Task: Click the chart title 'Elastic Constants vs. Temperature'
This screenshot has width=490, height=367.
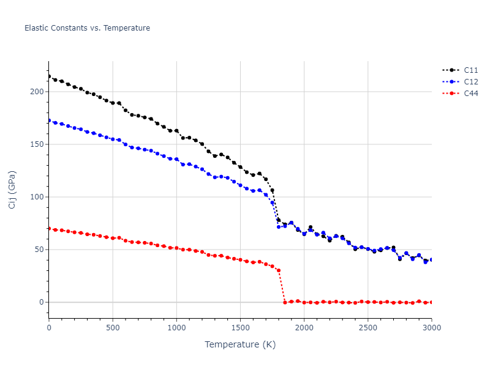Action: [87, 28]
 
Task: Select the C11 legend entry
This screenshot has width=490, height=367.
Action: [470, 70]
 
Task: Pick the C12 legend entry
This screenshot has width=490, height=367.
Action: [470, 82]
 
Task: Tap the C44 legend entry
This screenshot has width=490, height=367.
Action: [470, 94]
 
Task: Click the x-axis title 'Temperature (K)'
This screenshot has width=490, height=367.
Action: [240, 344]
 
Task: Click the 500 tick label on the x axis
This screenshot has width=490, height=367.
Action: [113, 328]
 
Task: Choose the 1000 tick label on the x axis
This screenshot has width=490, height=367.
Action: [176, 328]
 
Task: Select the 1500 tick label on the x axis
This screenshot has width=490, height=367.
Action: [240, 328]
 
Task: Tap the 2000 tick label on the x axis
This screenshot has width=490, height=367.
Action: [304, 328]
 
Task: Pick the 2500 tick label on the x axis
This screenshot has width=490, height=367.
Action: [367, 328]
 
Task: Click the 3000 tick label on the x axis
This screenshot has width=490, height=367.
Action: [431, 328]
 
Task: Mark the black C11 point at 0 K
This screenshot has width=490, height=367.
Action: [49, 76]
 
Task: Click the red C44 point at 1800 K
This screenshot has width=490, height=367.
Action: [279, 270]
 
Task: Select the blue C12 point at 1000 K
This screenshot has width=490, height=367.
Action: [176, 159]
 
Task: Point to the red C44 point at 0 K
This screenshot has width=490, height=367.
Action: [49, 228]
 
